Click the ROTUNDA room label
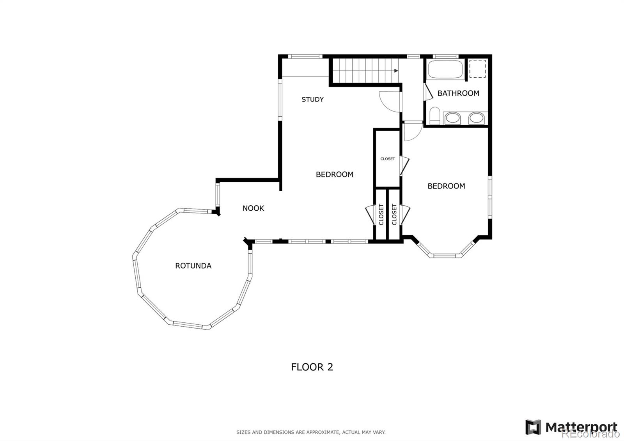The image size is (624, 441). [193, 266]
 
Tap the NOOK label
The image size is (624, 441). [253, 208]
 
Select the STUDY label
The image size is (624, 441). [312, 100]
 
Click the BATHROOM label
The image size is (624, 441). [458, 93]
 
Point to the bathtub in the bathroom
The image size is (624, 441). [445, 69]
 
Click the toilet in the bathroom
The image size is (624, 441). [434, 116]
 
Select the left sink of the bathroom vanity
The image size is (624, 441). [452, 118]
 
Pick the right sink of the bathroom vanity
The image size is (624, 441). [476, 118]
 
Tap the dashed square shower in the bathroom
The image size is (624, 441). [477, 69]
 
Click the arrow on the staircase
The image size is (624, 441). [396, 71]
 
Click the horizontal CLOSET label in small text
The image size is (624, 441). [388, 159]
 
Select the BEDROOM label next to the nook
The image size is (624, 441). [335, 174]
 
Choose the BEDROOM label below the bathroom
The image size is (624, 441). [446, 186]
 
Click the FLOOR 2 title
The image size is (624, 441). [312, 367]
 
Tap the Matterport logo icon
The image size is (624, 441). [533, 427]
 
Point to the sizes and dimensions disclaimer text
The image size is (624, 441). [311, 432]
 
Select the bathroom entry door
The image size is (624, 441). [428, 91]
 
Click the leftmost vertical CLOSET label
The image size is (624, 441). [381, 215]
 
